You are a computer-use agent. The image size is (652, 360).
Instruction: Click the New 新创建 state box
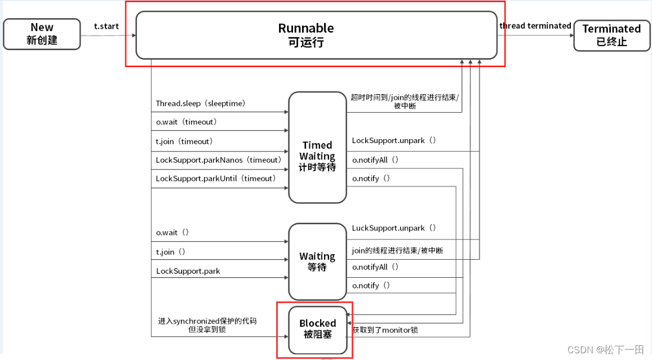tap(42, 34)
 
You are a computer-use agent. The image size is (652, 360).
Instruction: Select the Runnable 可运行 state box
tap(316, 35)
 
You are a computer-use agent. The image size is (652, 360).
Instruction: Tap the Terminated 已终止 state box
tap(611, 35)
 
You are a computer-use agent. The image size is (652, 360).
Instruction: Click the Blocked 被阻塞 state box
tap(317, 329)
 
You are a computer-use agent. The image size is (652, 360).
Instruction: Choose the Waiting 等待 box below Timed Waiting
tap(317, 261)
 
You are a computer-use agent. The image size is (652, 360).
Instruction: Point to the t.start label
tap(107, 26)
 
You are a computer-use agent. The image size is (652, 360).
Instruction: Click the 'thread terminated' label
tap(535, 26)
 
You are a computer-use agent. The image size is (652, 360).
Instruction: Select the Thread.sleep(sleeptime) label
tap(200, 104)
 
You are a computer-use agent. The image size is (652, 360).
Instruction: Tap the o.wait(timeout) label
tap(187, 122)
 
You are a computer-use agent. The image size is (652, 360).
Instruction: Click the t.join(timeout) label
tap(184, 141)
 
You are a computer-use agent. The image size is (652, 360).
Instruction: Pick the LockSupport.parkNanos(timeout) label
tap(218, 160)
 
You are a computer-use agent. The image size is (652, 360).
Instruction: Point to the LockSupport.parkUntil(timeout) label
tap(216, 179)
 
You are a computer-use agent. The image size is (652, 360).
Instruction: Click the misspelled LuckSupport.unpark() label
tap(394, 228)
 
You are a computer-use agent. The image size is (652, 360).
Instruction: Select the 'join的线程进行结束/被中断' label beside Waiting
tap(397, 250)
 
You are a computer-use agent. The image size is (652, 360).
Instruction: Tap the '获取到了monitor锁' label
tap(385, 330)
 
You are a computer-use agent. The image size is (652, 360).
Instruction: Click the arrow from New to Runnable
tap(108, 35)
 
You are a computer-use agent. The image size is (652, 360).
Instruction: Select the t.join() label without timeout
tap(171, 252)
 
